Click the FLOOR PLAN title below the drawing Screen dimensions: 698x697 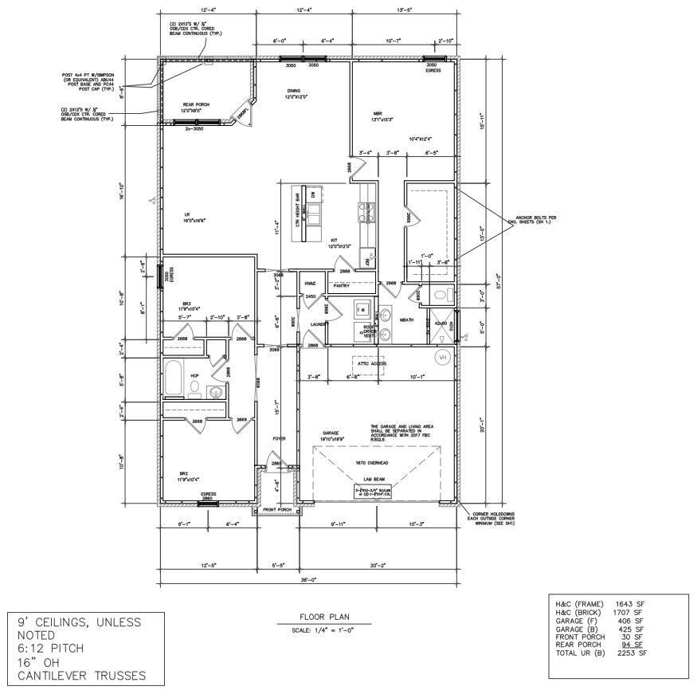(x=323, y=616)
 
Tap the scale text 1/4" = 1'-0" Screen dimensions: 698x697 (x=323, y=631)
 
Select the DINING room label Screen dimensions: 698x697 (x=294, y=92)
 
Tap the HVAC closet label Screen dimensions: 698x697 (x=310, y=283)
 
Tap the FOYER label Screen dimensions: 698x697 (x=279, y=438)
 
